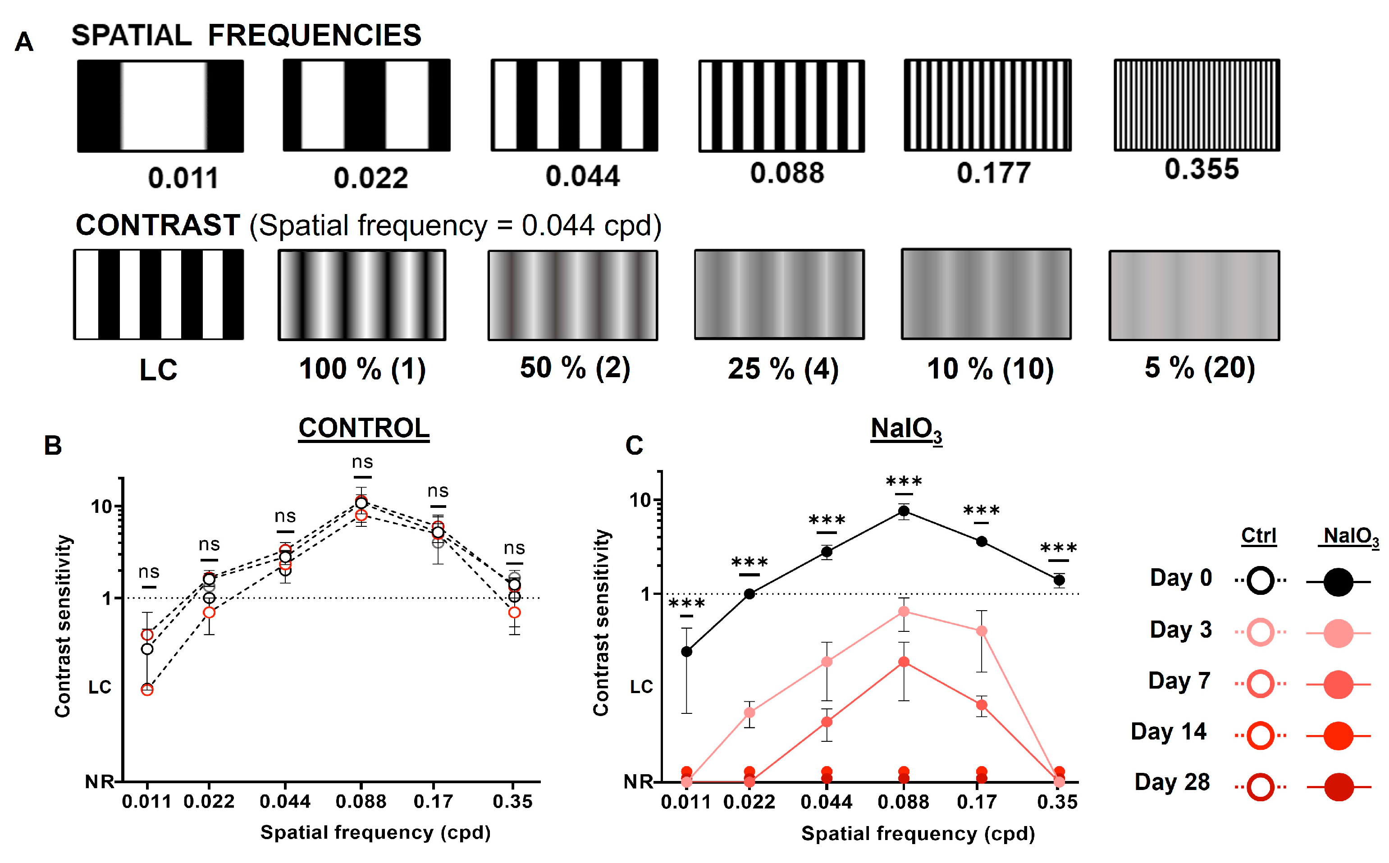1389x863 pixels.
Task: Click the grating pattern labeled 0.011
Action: click(x=160, y=106)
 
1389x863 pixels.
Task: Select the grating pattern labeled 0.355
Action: click(x=1197, y=105)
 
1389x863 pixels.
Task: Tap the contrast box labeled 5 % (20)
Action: click(x=1194, y=295)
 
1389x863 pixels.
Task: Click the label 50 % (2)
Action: click(x=575, y=368)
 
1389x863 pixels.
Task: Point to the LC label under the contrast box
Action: click(x=159, y=370)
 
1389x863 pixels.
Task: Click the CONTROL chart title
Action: click(x=364, y=429)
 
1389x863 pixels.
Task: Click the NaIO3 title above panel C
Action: click(x=906, y=429)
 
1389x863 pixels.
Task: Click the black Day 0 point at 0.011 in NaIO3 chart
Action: click(x=686, y=651)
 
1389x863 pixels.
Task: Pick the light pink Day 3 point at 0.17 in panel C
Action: click(x=982, y=631)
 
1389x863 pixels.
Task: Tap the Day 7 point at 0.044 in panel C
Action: click(x=826, y=721)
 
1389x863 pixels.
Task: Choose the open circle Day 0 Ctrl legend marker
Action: click(x=1261, y=581)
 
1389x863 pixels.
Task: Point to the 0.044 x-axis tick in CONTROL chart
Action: click(x=285, y=801)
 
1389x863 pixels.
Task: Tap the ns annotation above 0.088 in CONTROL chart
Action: click(x=362, y=462)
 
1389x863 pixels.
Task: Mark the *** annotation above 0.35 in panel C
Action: click(x=1059, y=548)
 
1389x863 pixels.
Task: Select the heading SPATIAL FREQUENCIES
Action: click(x=246, y=36)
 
